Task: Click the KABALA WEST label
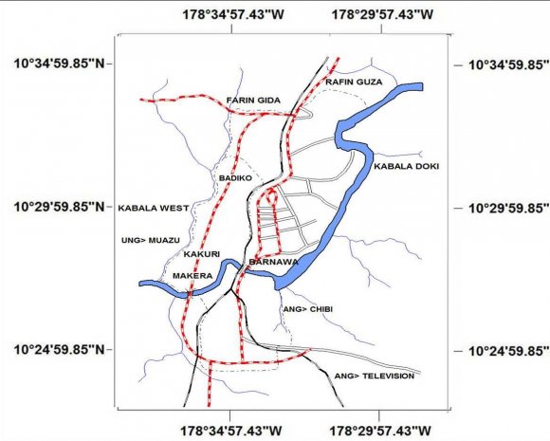pyautogui.click(x=154, y=208)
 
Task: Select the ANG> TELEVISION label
pyautogui.click(x=375, y=377)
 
